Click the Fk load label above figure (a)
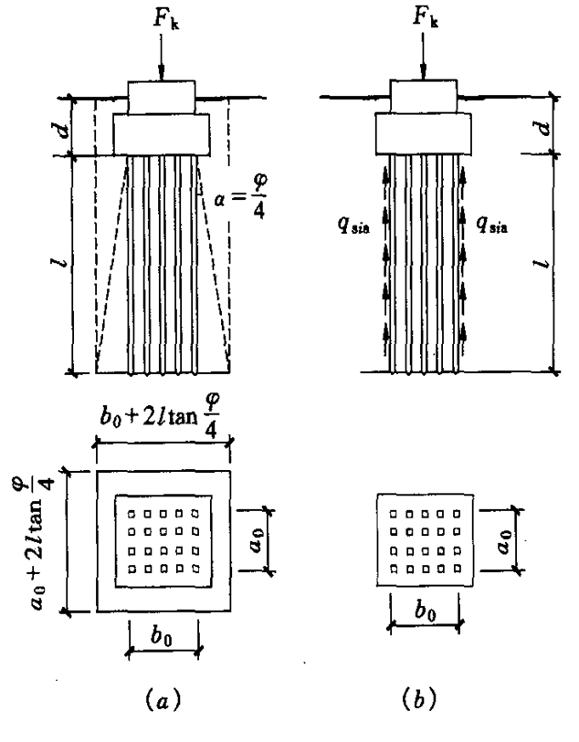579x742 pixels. pyautogui.click(x=165, y=19)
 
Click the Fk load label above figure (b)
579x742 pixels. pyautogui.click(x=426, y=17)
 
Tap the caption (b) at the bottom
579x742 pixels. pyautogui.click(x=419, y=698)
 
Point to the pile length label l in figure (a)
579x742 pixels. pyautogui.click(x=61, y=260)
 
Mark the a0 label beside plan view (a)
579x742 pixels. pyautogui.click(x=256, y=540)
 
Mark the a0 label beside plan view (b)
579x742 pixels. pyautogui.click(x=504, y=540)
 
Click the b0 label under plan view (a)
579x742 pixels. pyautogui.click(x=162, y=636)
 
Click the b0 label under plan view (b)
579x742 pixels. pyautogui.click(x=426, y=611)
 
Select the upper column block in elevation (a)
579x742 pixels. pyautogui.click(x=162, y=98)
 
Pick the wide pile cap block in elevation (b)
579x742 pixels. pyautogui.click(x=423, y=134)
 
